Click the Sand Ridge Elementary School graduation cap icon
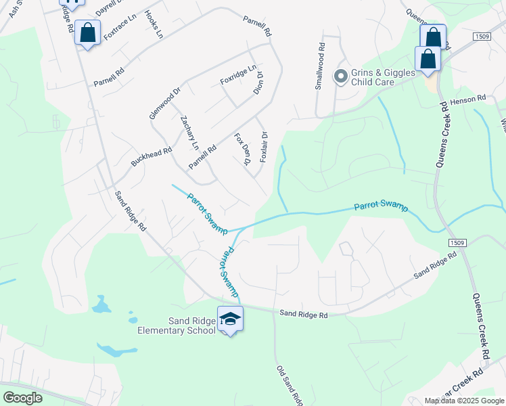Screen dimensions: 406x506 [230, 319]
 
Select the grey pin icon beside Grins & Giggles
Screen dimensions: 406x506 [341, 75]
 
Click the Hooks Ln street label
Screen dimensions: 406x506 [154, 24]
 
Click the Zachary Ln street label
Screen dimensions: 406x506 [190, 133]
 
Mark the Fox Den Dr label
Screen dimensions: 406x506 [242, 149]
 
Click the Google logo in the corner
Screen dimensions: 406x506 [22, 397]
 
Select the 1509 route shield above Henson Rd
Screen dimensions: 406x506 [482, 36]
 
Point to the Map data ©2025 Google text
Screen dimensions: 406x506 [464, 401]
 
